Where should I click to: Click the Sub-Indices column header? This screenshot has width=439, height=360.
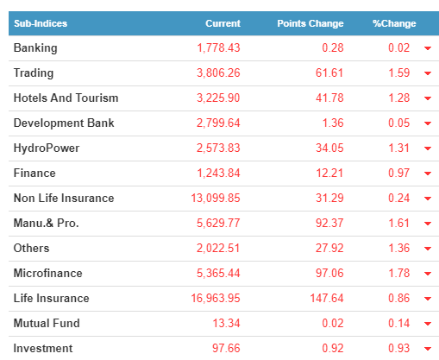pyautogui.click(x=41, y=23)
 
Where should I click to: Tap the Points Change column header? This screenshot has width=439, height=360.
pyautogui.click(x=310, y=23)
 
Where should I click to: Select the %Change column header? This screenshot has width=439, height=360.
pyautogui.click(x=394, y=23)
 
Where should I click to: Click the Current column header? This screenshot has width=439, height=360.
pyautogui.click(x=223, y=23)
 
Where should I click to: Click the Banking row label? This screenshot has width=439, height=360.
pyautogui.click(x=35, y=48)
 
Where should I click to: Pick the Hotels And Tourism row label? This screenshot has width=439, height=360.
pyautogui.click(x=66, y=98)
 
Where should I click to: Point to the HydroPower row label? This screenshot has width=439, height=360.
pyautogui.click(x=47, y=148)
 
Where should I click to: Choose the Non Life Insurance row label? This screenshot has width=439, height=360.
pyautogui.click(x=64, y=198)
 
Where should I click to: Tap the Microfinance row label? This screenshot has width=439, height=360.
pyautogui.click(x=48, y=273)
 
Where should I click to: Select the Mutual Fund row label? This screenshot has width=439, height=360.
pyautogui.click(x=47, y=323)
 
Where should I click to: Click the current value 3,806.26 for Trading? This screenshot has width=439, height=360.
pyautogui.click(x=218, y=73)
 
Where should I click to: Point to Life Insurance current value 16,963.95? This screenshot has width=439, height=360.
pyautogui.click(x=216, y=299)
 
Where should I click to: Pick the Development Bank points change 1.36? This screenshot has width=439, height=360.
pyautogui.click(x=333, y=123)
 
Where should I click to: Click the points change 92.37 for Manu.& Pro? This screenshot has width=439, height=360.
pyautogui.click(x=329, y=223)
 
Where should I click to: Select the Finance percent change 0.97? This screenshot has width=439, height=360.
pyautogui.click(x=398, y=173)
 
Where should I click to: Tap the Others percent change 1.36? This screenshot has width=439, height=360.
pyautogui.click(x=399, y=248)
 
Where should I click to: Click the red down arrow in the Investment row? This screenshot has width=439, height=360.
pyautogui.click(x=428, y=349)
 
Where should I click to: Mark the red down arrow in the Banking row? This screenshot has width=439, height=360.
pyautogui.click(x=428, y=48)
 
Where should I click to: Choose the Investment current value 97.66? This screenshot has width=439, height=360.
pyautogui.click(x=226, y=348)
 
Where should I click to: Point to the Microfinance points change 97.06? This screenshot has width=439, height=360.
pyautogui.click(x=329, y=273)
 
